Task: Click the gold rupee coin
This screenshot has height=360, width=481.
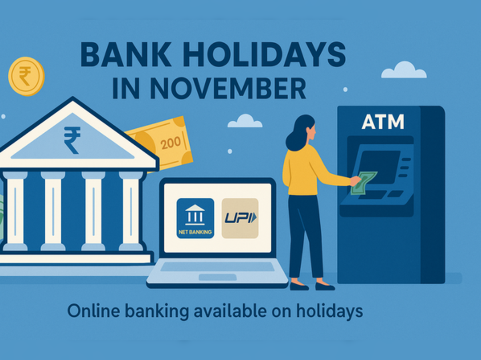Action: pyautogui.click(x=26, y=76)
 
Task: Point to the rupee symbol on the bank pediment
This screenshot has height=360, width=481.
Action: pyautogui.click(x=72, y=140)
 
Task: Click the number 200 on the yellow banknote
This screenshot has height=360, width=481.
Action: pyautogui.click(x=170, y=144)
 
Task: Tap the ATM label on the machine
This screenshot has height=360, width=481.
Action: pyautogui.click(x=382, y=122)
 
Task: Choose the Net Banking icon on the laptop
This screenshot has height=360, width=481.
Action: pyautogui.click(x=195, y=218)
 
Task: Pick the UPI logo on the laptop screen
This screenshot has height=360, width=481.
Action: pyautogui.click(x=240, y=218)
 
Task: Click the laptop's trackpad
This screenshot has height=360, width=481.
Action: pyautogui.click(x=217, y=277)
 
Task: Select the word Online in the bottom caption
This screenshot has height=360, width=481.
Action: pyautogui.click(x=88, y=311)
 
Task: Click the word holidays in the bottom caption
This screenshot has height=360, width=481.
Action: pyautogui.click(x=329, y=311)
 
